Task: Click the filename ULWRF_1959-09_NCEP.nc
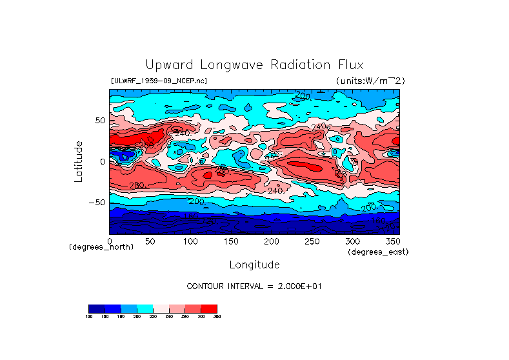159,81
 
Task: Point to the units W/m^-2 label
370,81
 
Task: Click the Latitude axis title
79,161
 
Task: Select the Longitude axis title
254,265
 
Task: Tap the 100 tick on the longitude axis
190,241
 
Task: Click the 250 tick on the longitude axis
312,241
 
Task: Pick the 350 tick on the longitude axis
392,241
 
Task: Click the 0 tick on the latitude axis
102,161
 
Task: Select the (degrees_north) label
101,247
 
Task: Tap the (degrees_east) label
378,252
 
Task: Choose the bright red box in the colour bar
209,308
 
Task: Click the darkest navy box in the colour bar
96,308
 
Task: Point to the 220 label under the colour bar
152,317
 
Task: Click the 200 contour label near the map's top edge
303,96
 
